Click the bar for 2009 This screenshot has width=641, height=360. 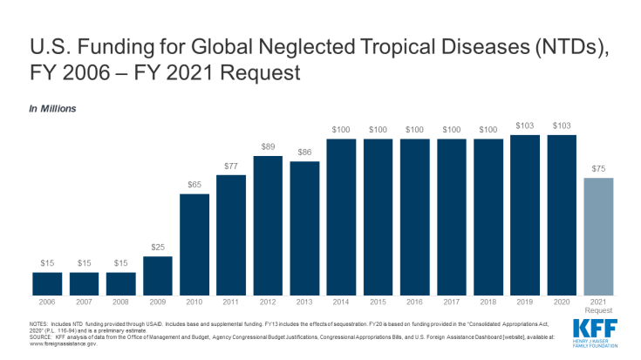[158, 275]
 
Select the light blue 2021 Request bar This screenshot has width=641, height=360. [599, 236]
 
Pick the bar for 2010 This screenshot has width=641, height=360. [194, 244]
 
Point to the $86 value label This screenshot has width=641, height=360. [305, 153]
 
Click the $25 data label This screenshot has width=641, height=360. [158, 248]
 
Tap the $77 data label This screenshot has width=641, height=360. [231, 166]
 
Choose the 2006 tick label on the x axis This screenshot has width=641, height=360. [47, 302]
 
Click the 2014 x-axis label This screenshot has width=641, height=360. [342, 302]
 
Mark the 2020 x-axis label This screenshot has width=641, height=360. [563, 302]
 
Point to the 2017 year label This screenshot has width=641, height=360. [453, 302]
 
